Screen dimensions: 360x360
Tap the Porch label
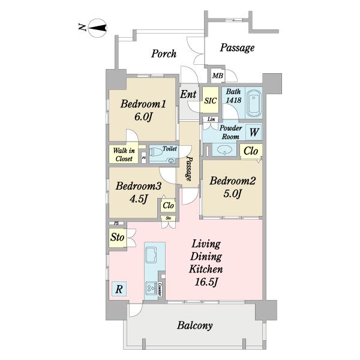163,54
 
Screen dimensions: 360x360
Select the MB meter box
217,76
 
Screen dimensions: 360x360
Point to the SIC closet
210,101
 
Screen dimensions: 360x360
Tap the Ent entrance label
188,94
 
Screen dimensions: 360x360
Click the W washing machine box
254,133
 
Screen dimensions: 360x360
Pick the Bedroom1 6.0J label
143,110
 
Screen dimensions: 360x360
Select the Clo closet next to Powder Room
251,152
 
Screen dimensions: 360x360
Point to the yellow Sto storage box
118,237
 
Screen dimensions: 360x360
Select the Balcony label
194,326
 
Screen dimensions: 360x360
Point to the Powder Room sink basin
224,151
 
